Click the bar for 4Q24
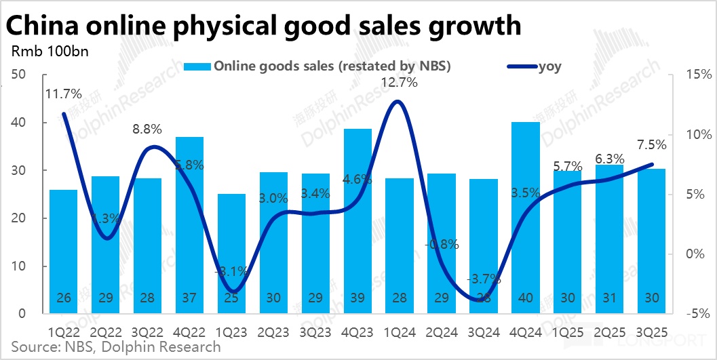(525, 218)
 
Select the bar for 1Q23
(231, 254)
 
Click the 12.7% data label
(398, 83)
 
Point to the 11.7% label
(63, 94)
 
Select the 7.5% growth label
(651, 144)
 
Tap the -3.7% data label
(484, 278)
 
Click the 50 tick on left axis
(18, 74)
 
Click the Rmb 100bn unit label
(50, 51)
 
